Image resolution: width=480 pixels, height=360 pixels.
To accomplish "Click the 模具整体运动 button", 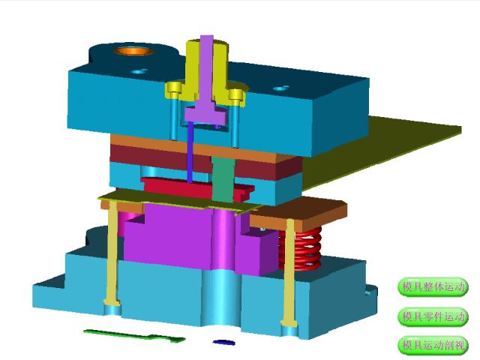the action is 433,286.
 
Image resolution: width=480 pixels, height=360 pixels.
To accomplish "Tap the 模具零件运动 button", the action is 433,316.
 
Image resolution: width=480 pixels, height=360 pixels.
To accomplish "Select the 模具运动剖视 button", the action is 433,345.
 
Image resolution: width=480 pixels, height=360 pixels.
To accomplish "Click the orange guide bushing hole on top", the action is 134,50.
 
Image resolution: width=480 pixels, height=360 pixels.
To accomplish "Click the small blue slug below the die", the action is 224,342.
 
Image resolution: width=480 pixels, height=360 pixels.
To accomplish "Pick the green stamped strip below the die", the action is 135,335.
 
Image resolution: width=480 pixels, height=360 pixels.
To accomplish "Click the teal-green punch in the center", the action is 222,179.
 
